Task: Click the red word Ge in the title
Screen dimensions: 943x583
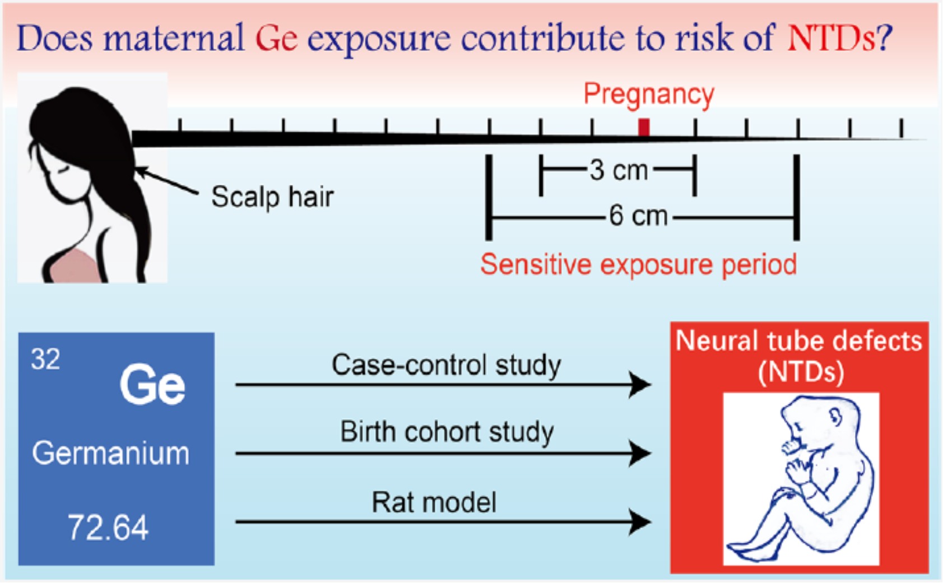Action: coord(277,39)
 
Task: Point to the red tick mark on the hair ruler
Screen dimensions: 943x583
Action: coord(644,128)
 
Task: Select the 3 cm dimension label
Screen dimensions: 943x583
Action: coord(619,170)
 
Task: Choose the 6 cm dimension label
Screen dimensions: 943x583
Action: coord(639,216)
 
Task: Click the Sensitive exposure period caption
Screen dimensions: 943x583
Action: coord(639,264)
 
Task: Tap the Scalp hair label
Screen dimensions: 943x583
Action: coord(272,197)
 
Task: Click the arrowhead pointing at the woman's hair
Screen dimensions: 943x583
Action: coord(141,171)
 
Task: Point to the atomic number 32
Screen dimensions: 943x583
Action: coord(45,359)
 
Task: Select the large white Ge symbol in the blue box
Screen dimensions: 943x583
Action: coord(152,385)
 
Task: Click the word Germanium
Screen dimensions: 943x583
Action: coord(111,454)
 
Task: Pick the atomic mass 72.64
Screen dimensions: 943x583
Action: coord(108,527)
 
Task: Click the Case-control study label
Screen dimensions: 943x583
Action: coord(446,365)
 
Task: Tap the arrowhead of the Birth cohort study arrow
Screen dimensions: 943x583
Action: coord(640,454)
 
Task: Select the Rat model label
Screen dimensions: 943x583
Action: coord(434,502)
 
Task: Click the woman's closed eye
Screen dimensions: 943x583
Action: coord(63,169)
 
